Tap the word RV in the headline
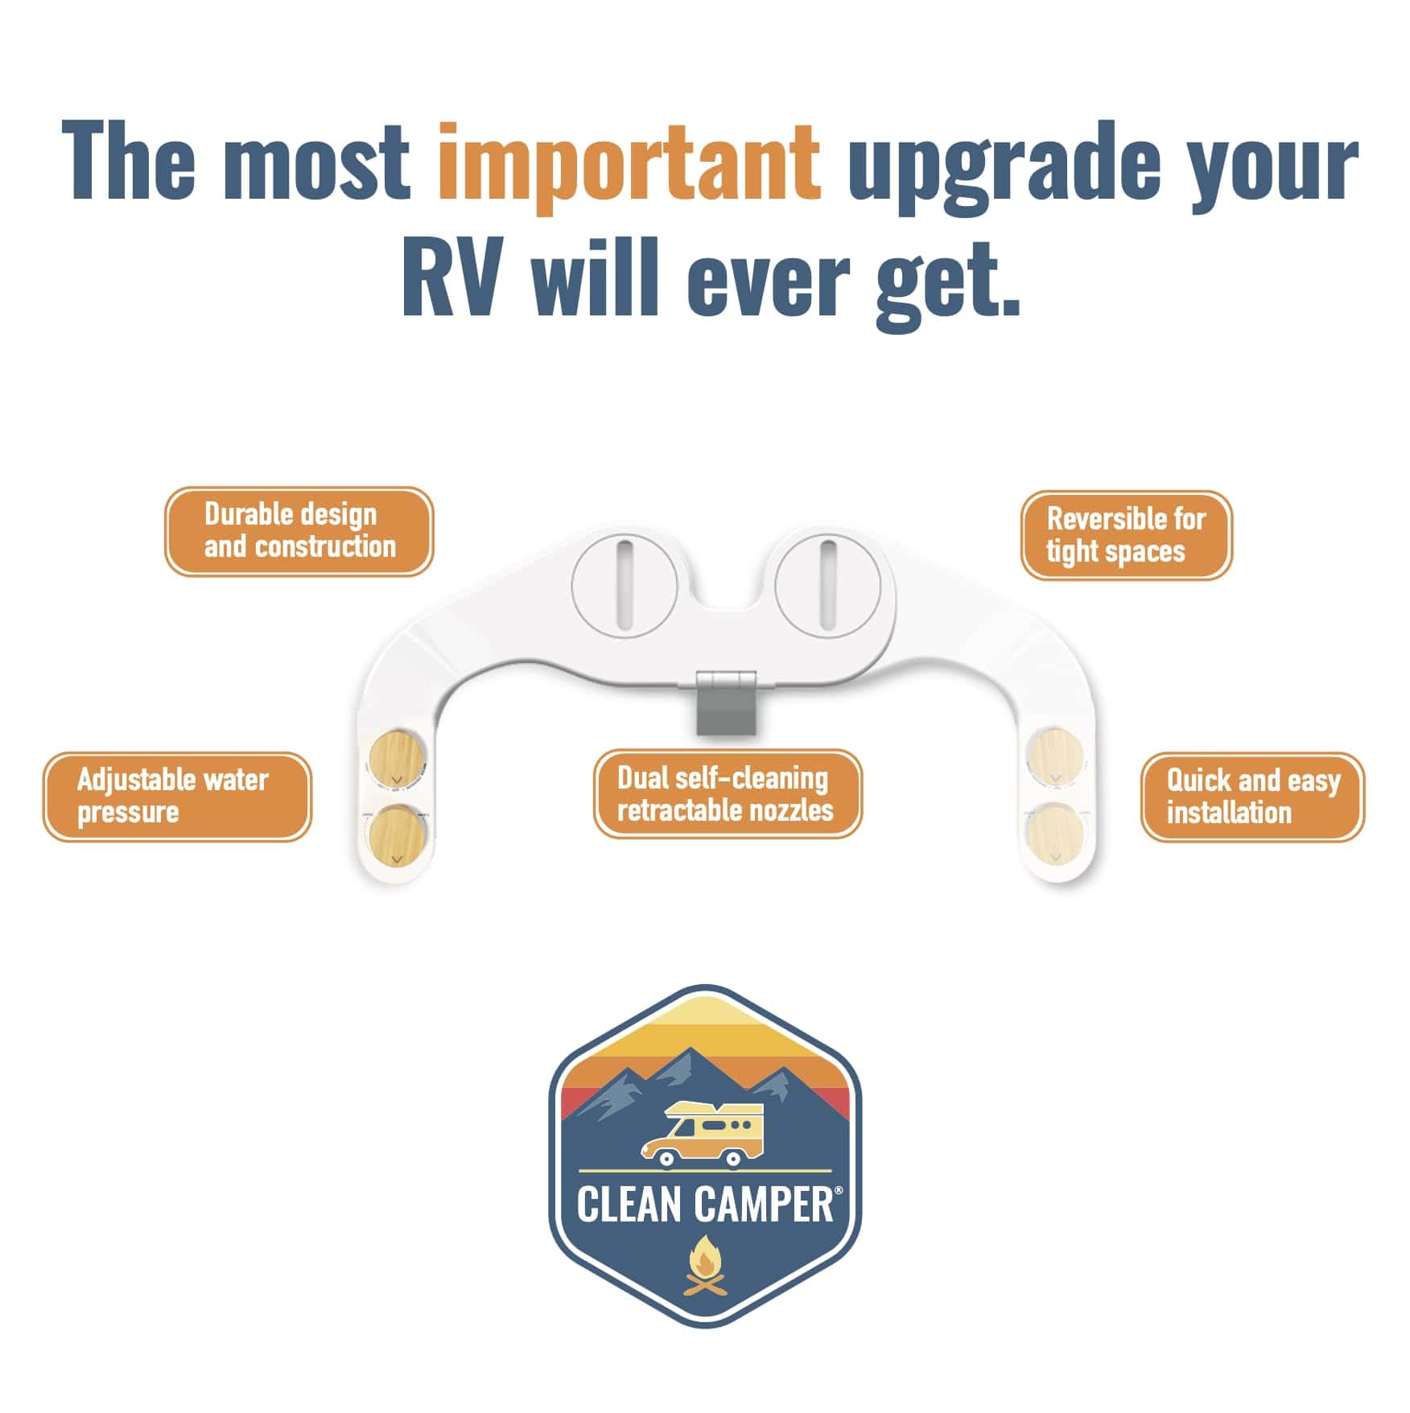pos(457,278)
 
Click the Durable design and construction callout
pos(299,531)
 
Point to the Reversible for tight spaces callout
pos(1126,535)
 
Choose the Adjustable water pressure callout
pos(176,797)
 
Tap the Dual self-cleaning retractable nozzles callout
pos(727,794)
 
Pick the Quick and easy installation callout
pos(1252,797)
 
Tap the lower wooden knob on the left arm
pos(396,836)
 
